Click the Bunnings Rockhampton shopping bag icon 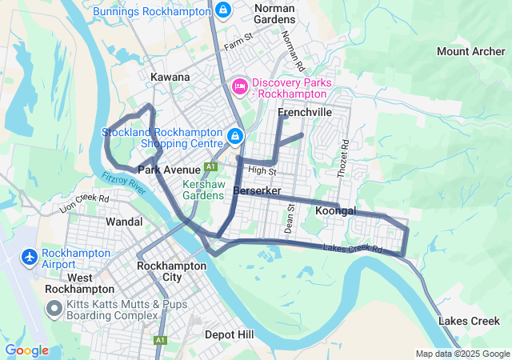pyautogui.click(x=223, y=11)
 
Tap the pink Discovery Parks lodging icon pyautogui.click(x=239, y=85)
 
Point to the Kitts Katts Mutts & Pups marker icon pyautogui.click(x=54, y=308)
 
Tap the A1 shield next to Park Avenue pyautogui.click(x=210, y=166)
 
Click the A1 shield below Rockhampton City pyautogui.click(x=160, y=340)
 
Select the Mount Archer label pyautogui.click(x=470, y=52)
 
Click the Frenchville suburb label pyautogui.click(x=304, y=113)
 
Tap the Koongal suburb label pyautogui.click(x=335, y=210)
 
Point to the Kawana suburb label pyautogui.click(x=170, y=77)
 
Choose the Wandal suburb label pyautogui.click(x=124, y=222)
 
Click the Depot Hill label pyautogui.click(x=230, y=334)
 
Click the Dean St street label pyautogui.click(x=290, y=214)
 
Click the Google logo pyautogui.click(x=26, y=350)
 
